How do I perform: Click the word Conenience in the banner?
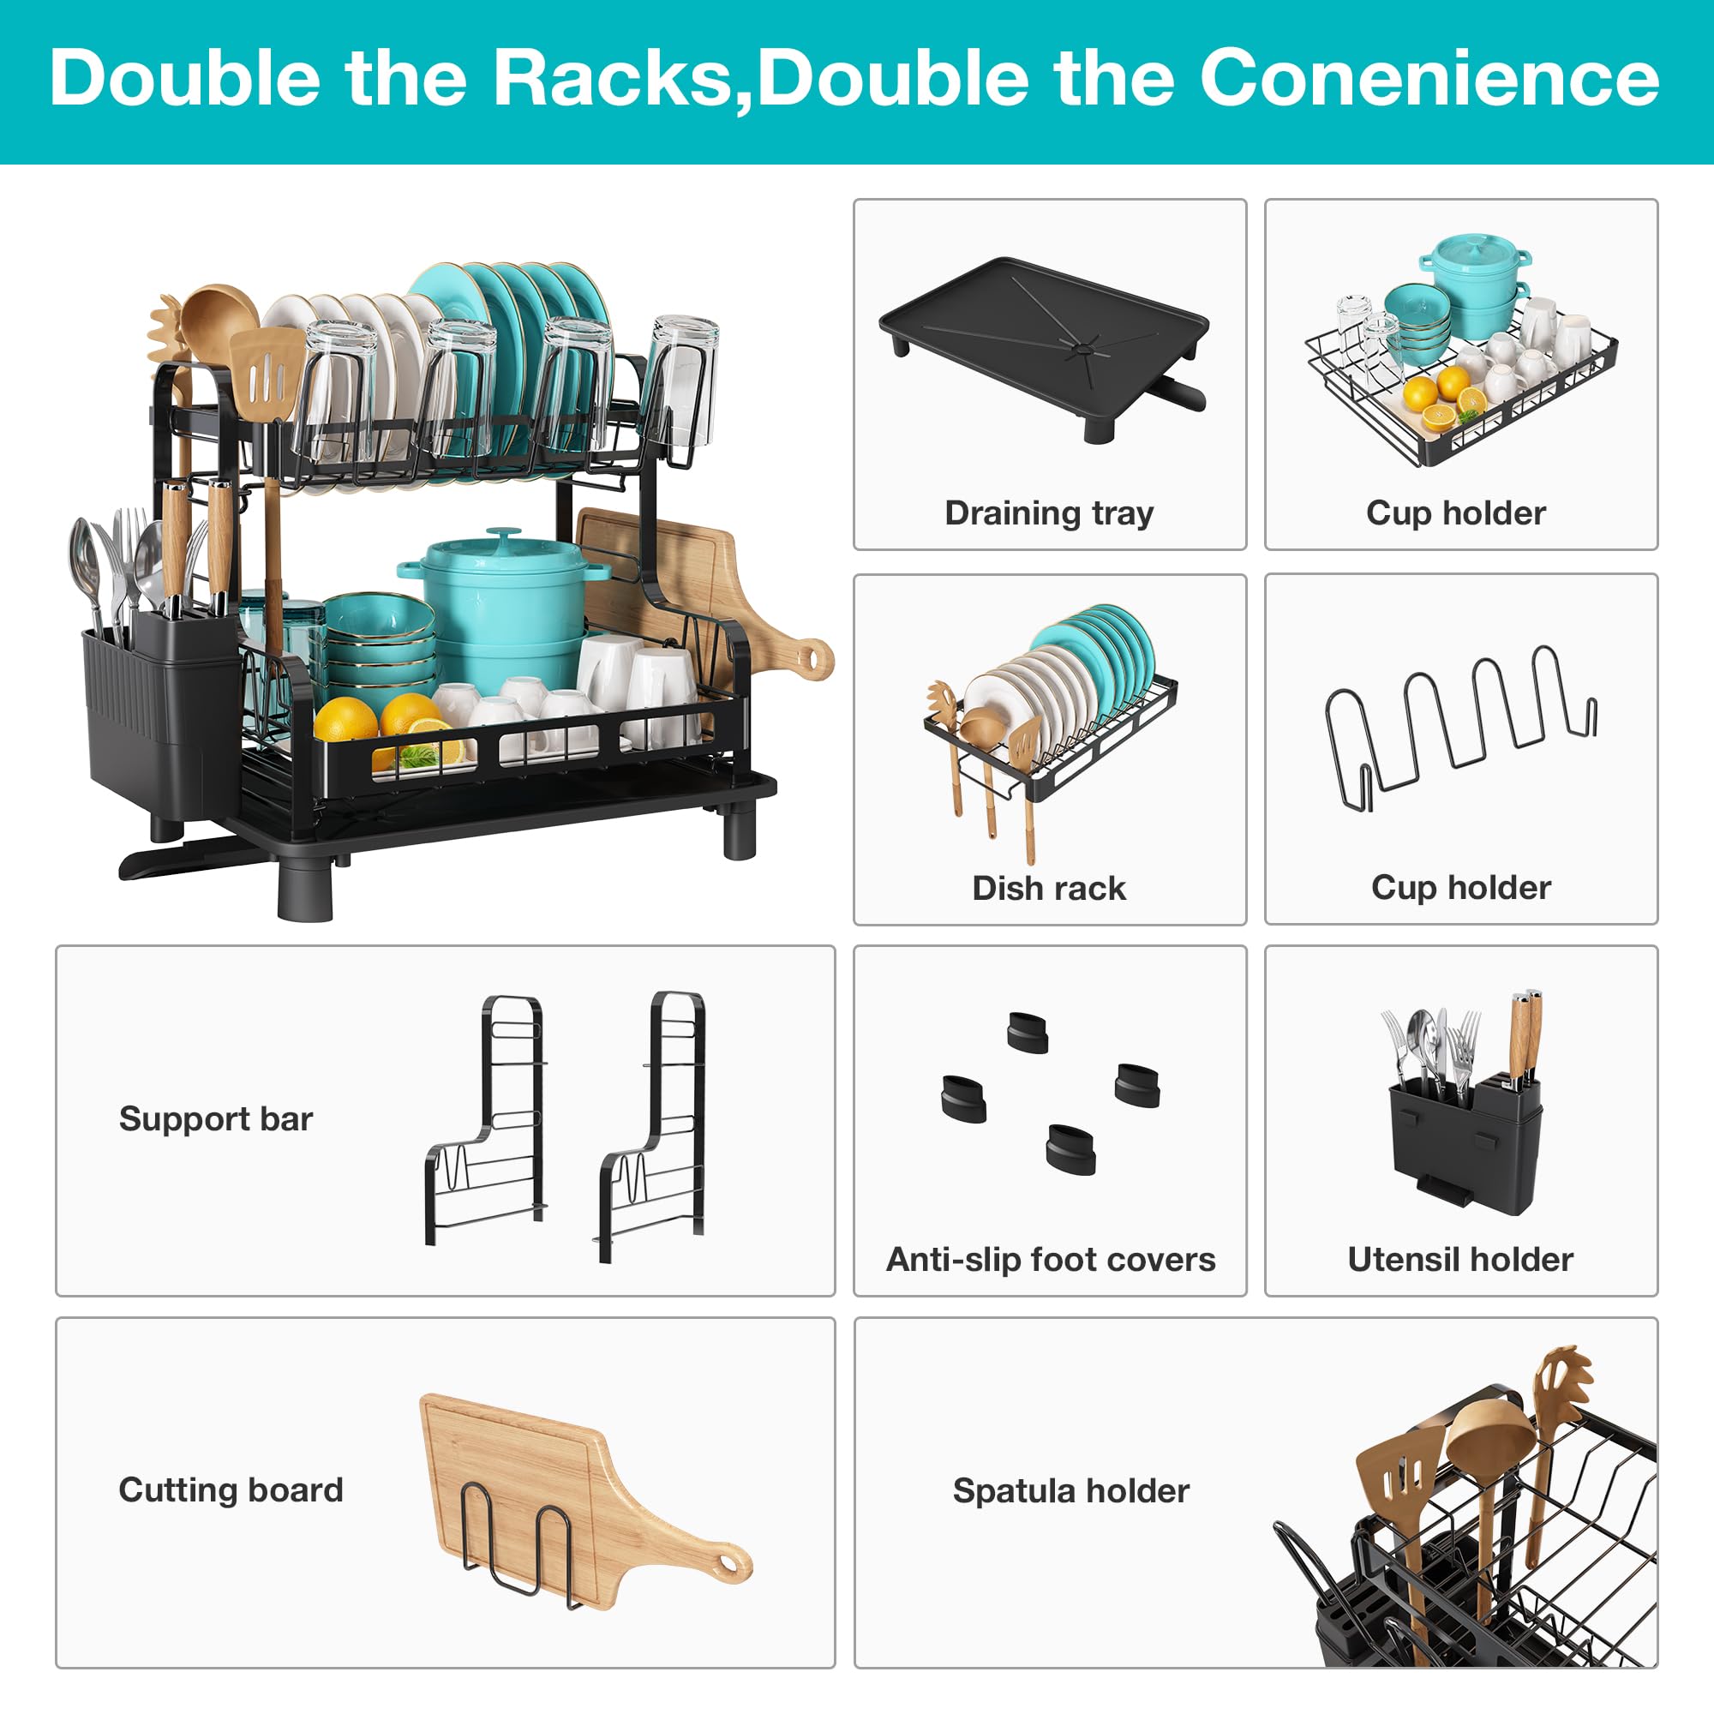pos(1429,78)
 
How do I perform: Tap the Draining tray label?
pos(1049,512)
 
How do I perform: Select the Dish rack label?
pos(1049,888)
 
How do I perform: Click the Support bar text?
pos(216,1118)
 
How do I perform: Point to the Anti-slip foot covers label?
pos(1051,1260)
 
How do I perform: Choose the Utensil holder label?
pos(1460,1260)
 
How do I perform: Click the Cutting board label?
pos(231,1489)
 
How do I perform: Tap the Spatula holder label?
pos(1070,1490)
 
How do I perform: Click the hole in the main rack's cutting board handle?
pos(810,657)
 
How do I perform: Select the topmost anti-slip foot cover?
pos(1028,1032)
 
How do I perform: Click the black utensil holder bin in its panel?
pos(1464,1144)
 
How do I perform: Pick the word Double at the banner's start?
pos(184,78)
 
